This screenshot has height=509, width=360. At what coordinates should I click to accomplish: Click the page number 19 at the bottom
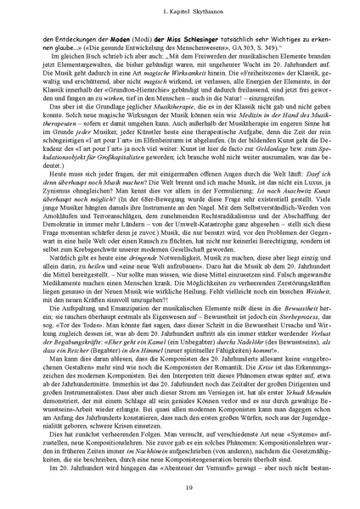pos(180,484)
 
